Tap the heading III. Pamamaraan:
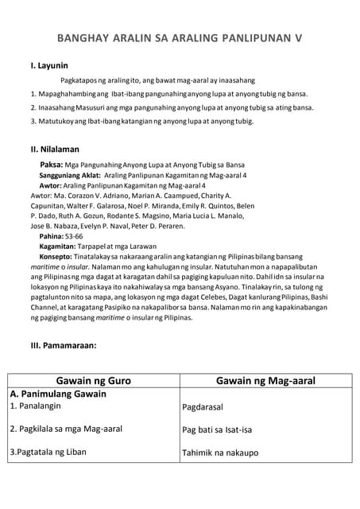pyautogui.click(x=63, y=345)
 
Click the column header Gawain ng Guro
pyautogui.click(x=92, y=381)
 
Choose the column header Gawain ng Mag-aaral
pyautogui.click(x=265, y=381)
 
